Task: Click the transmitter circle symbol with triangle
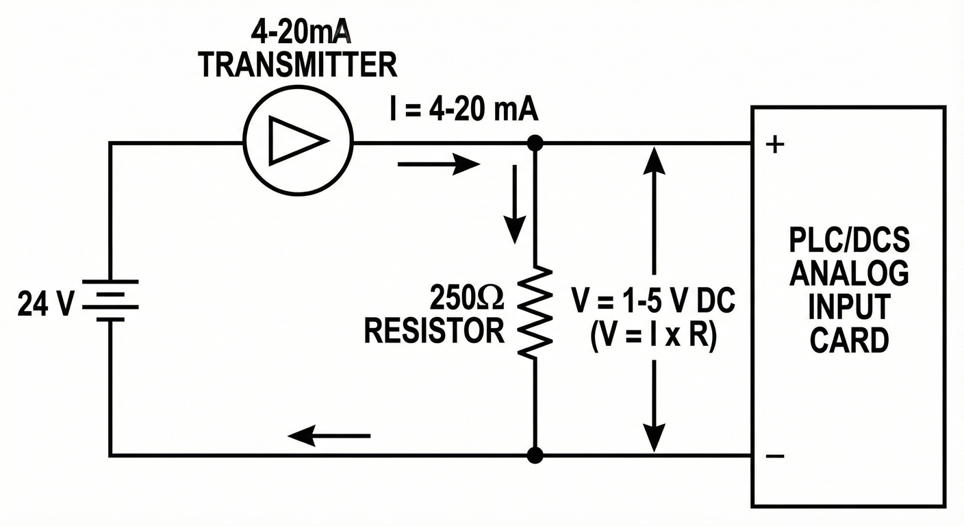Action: (x=298, y=142)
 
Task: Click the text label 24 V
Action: (x=45, y=304)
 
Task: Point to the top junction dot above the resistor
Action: (x=535, y=142)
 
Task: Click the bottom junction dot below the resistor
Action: (x=535, y=455)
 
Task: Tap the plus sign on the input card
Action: (x=774, y=146)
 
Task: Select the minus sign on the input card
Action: (x=774, y=456)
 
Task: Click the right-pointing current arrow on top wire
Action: (x=438, y=164)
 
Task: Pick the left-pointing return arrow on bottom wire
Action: (x=329, y=435)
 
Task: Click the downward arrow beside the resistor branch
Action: (x=515, y=212)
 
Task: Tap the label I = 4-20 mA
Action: (x=463, y=110)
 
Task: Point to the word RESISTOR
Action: (x=434, y=331)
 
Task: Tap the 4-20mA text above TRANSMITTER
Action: (x=297, y=32)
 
